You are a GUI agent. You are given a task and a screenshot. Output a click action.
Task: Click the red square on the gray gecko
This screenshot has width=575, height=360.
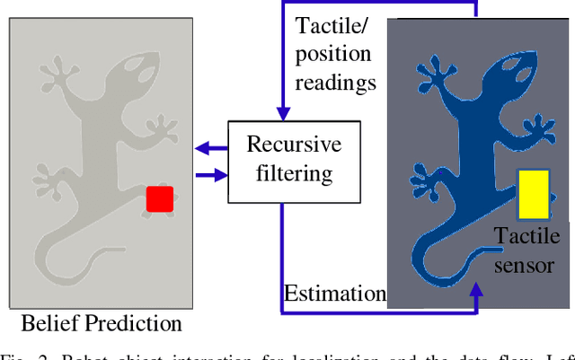point(160,199)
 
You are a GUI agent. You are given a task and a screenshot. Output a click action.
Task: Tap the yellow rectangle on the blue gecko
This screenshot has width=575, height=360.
point(533,195)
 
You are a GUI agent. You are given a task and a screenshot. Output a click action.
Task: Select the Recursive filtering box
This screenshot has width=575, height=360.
point(282,159)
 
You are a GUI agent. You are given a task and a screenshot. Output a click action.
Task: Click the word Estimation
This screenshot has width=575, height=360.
point(334,294)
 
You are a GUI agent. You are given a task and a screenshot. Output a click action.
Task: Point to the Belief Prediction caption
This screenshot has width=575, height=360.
point(102,324)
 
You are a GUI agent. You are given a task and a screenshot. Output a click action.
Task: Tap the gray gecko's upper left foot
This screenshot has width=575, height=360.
point(58,72)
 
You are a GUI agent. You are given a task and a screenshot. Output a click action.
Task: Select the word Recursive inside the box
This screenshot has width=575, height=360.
point(282,145)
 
